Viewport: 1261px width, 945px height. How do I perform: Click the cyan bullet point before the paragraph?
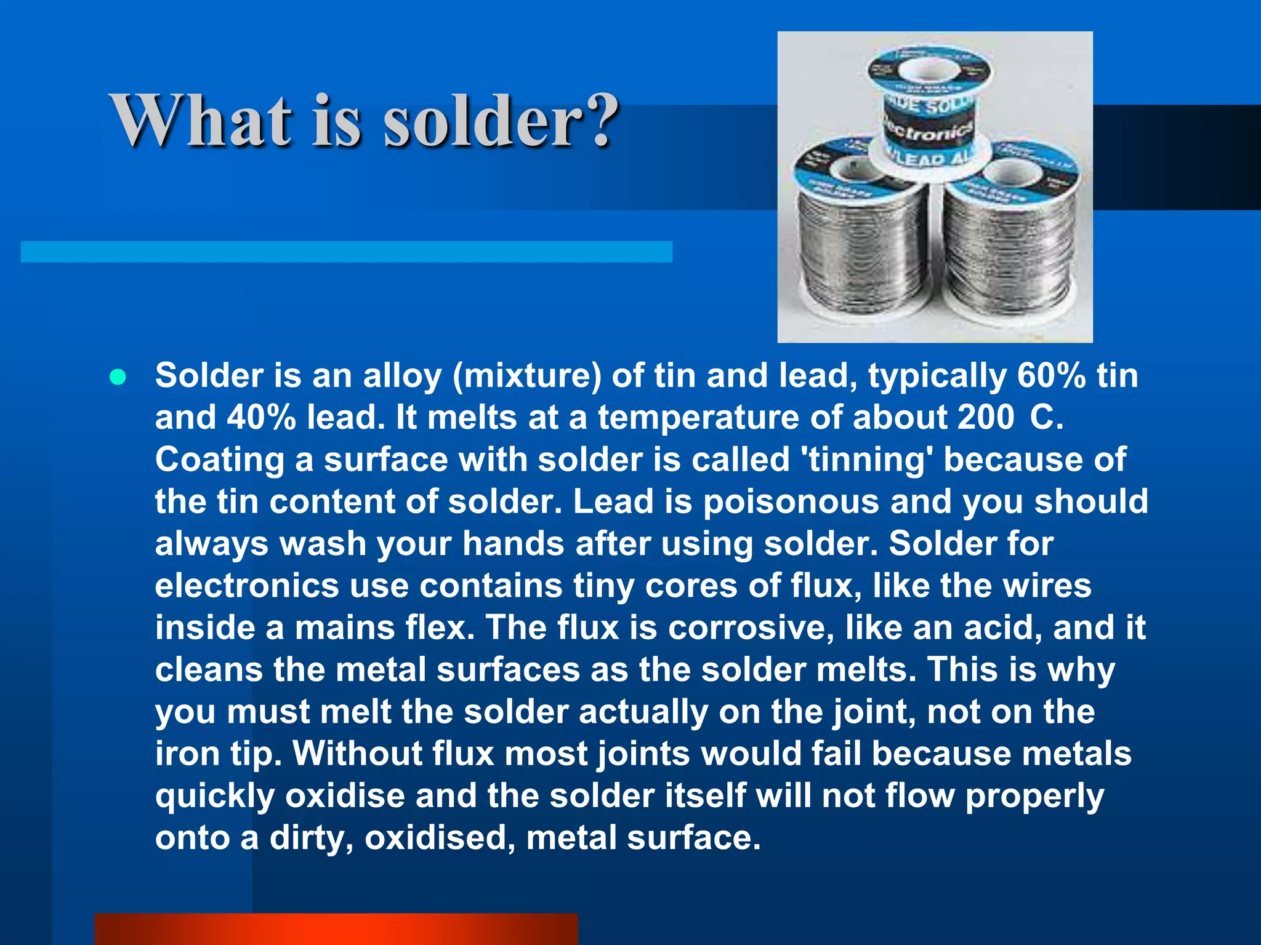[117, 377]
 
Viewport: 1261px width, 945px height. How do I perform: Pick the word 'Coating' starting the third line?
[219, 460]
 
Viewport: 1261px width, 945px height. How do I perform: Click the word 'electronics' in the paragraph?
[247, 585]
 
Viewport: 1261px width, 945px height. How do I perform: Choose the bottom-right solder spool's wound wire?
[1010, 252]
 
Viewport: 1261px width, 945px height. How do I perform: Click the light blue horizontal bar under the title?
[347, 252]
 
